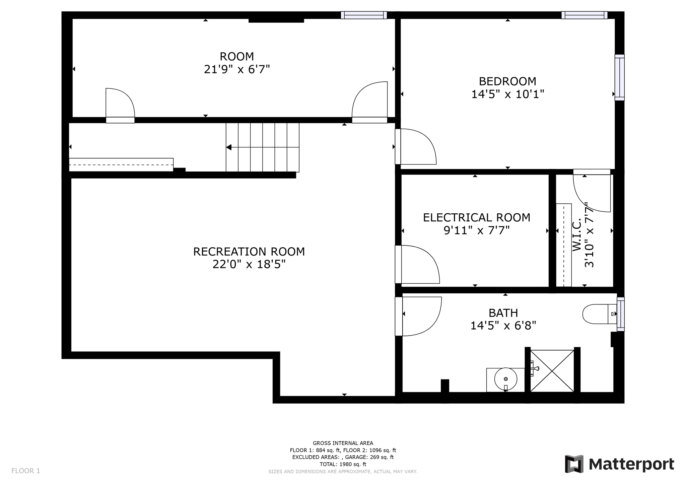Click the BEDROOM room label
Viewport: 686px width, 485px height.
(507, 81)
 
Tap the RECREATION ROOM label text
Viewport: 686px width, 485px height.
(249, 252)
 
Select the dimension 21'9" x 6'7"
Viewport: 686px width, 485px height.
(237, 69)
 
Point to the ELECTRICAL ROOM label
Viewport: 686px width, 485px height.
(477, 218)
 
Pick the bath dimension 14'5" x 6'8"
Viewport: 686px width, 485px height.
(503, 326)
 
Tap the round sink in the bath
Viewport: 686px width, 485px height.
(506, 379)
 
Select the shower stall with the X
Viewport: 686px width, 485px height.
(552, 371)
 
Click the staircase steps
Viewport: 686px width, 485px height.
(263, 147)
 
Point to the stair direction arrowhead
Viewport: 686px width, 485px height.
(229, 147)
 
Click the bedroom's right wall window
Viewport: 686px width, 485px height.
(619, 77)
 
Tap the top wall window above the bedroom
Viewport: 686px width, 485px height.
(585, 15)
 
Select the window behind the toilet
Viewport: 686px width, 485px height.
(621, 314)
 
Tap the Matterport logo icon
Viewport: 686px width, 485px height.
(574, 464)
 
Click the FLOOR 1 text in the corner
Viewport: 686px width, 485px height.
(26, 471)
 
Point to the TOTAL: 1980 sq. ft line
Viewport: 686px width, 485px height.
(343, 464)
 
